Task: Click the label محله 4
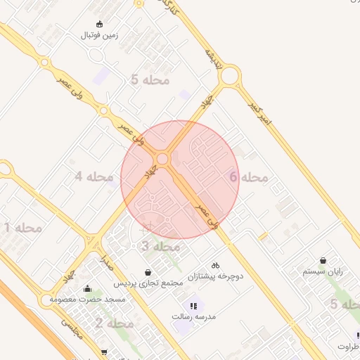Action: pyautogui.click(x=94, y=176)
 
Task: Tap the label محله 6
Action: pyautogui.click(x=250, y=177)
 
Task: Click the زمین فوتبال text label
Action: pyautogui.click(x=98, y=34)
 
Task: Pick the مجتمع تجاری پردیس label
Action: pyautogui.click(x=148, y=283)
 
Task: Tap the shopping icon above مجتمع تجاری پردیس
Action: pyautogui.click(x=148, y=272)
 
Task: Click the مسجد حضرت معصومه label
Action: pyautogui.click(x=87, y=300)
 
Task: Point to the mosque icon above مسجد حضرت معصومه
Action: pyautogui.click(x=87, y=288)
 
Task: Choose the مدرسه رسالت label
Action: pyautogui.click(x=193, y=316)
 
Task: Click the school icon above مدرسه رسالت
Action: pyautogui.click(x=193, y=305)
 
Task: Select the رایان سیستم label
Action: pyautogui.click(x=323, y=271)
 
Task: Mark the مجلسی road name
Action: pyautogui.click(x=72, y=328)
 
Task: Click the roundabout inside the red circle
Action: pyautogui.click(x=163, y=160)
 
